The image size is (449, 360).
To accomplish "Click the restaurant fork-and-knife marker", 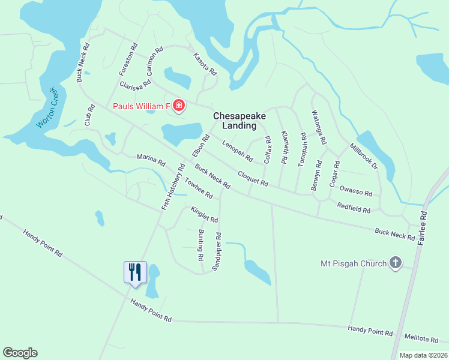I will [x=134, y=272].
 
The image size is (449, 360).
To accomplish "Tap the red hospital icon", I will [x=178, y=107].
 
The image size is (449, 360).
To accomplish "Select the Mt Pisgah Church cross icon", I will [x=395, y=263].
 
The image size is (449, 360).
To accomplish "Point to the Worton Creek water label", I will [x=47, y=107].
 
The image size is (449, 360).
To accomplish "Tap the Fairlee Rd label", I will [x=424, y=223].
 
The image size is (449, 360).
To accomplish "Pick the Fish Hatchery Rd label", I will [x=172, y=187].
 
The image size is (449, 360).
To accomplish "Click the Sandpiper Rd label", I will [x=217, y=251].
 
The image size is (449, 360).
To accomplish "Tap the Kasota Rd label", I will [x=205, y=64].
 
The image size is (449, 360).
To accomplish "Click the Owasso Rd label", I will [x=356, y=192].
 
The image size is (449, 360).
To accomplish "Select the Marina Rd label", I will [x=151, y=160].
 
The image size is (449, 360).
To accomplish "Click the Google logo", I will [x=20, y=353].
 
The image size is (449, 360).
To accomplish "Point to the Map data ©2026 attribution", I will [x=423, y=355].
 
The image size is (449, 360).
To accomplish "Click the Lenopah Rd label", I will [x=237, y=151].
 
